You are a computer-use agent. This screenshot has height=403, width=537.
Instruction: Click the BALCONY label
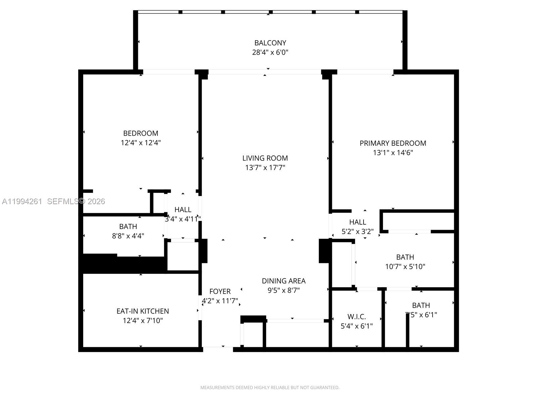click(270, 43)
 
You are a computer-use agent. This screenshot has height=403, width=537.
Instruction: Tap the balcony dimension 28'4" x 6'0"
click(270, 52)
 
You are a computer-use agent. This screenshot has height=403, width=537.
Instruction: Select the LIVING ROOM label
click(265, 158)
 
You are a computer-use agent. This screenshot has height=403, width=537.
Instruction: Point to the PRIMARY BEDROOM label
click(393, 143)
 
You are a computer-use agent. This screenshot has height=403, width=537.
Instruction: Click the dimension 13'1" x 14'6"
click(393, 153)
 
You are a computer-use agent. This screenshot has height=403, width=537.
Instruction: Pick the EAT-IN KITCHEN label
click(143, 311)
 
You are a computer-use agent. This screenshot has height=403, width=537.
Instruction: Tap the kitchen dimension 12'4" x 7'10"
click(143, 321)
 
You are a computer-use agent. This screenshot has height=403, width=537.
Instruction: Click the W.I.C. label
click(356, 317)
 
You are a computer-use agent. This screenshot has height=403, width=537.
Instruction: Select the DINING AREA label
click(284, 281)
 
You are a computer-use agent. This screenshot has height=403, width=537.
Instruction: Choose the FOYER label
click(220, 292)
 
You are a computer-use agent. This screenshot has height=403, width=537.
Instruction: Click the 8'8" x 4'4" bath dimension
click(128, 236)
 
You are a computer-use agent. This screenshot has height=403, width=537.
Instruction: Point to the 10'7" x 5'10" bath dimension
click(405, 267)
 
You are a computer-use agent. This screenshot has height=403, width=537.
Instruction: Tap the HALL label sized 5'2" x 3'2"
click(357, 222)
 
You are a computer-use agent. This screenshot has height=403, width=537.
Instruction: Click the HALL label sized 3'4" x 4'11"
click(183, 210)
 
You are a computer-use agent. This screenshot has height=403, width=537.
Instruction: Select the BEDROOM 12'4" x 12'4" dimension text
click(141, 143)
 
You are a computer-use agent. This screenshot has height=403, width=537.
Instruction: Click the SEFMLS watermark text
click(76, 201)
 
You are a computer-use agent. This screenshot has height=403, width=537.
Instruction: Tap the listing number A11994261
click(22, 201)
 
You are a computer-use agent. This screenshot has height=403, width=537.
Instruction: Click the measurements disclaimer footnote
click(270, 388)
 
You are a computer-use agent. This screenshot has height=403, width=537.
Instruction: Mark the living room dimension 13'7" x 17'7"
click(265, 168)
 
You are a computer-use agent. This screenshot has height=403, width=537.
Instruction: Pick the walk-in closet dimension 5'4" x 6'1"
click(356, 326)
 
